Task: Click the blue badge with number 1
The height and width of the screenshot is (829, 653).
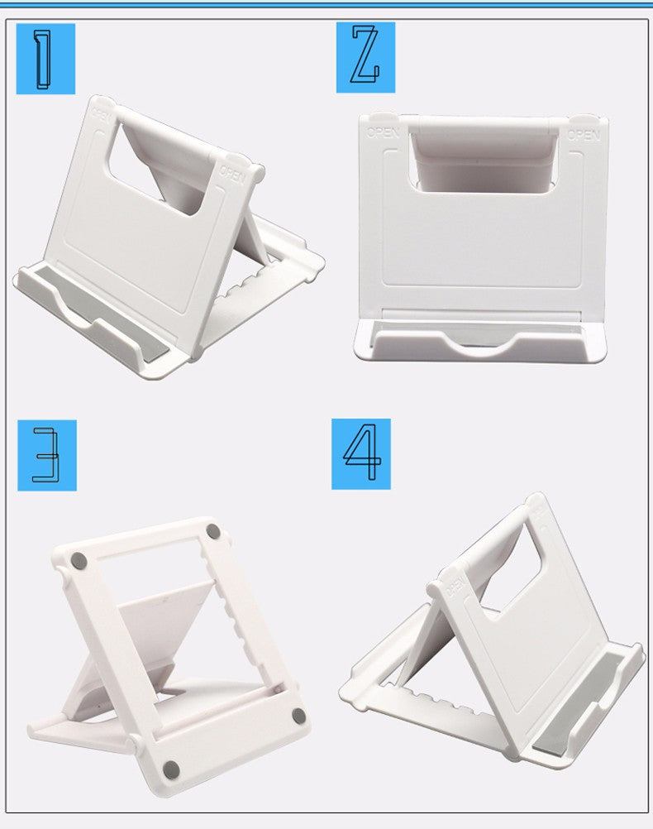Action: [x=45, y=58]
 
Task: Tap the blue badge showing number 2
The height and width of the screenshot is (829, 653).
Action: [x=365, y=56]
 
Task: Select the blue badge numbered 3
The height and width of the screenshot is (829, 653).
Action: [x=47, y=454]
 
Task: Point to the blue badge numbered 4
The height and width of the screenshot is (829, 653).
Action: [x=361, y=453]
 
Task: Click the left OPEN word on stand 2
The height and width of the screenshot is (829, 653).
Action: [x=384, y=132]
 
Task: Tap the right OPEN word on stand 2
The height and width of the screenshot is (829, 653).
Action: [x=584, y=135]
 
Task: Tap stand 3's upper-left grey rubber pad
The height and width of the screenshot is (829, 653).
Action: [x=79, y=560]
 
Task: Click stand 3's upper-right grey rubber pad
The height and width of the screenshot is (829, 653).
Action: [x=213, y=530]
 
